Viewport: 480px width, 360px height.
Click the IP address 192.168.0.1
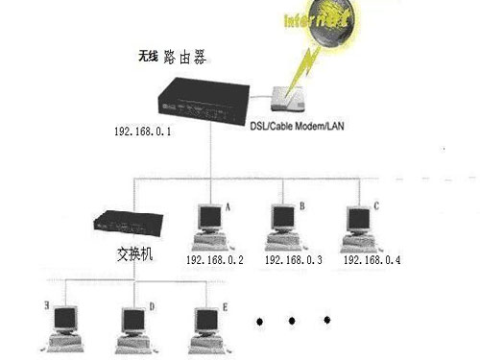141,132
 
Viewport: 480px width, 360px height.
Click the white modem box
291,100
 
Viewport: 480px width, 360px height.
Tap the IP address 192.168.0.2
216,260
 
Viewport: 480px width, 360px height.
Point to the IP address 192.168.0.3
293,260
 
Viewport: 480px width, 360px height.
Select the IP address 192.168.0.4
372,260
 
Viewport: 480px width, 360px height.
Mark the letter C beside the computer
376,205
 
